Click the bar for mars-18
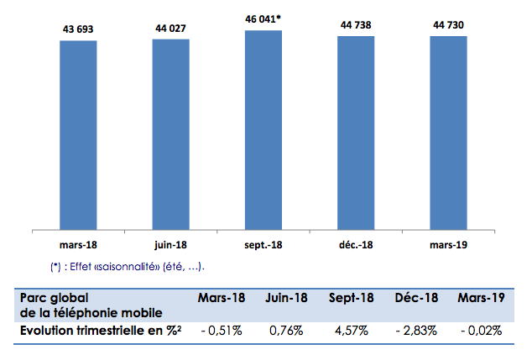[78, 134]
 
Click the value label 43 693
[77, 29]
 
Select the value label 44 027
[170, 28]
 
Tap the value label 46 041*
[264, 18]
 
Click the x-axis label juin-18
[170, 246]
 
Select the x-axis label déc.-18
[356, 246]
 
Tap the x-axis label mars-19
[448, 246]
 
